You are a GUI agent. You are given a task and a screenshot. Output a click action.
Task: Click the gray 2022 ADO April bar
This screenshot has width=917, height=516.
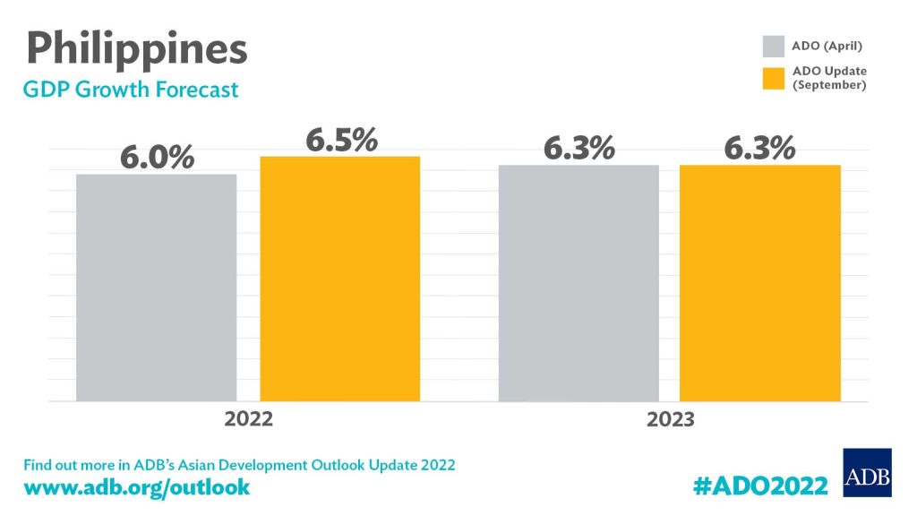click(x=156, y=287)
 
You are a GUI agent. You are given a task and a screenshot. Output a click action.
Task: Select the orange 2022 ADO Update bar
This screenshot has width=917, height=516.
click(x=340, y=278)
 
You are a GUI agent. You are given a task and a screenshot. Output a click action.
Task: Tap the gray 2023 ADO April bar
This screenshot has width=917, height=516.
click(x=578, y=282)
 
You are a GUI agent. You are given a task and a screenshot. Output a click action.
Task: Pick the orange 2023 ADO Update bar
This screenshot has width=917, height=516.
click(x=760, y=282)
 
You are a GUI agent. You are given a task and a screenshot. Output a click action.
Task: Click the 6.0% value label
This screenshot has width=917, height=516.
click(x=158, y=158)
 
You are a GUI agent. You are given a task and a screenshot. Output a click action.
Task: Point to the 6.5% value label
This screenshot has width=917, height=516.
click(x=341, y=141)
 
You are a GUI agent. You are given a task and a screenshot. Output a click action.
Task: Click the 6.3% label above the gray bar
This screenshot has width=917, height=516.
click(x=579, y=149)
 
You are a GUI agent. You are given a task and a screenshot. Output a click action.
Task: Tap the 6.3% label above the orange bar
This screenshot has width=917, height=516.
click(x=759, y=149)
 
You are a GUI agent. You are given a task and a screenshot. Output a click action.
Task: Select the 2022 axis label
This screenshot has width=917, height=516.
click(x=248, y=418)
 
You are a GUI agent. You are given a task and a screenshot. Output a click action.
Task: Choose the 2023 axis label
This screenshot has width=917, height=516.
click(x=670, y=419)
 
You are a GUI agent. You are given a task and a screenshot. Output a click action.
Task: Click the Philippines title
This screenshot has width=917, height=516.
click(x=134, y=48)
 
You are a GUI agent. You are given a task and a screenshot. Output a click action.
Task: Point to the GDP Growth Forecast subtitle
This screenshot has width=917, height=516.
click(x=131, y=90)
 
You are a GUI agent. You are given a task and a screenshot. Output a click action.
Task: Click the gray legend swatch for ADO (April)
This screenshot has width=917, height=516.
click(x=774, y=46)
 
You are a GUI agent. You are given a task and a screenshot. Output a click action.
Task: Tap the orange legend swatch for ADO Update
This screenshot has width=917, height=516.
click(x=774, y=77)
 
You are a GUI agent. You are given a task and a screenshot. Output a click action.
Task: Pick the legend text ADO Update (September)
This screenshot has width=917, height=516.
click(x=830, y=77)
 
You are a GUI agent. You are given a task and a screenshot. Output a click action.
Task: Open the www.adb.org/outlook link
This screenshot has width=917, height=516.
click(x=136, y=488)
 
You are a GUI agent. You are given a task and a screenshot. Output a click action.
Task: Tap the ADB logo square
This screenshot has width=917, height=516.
click(x=867, y=471)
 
